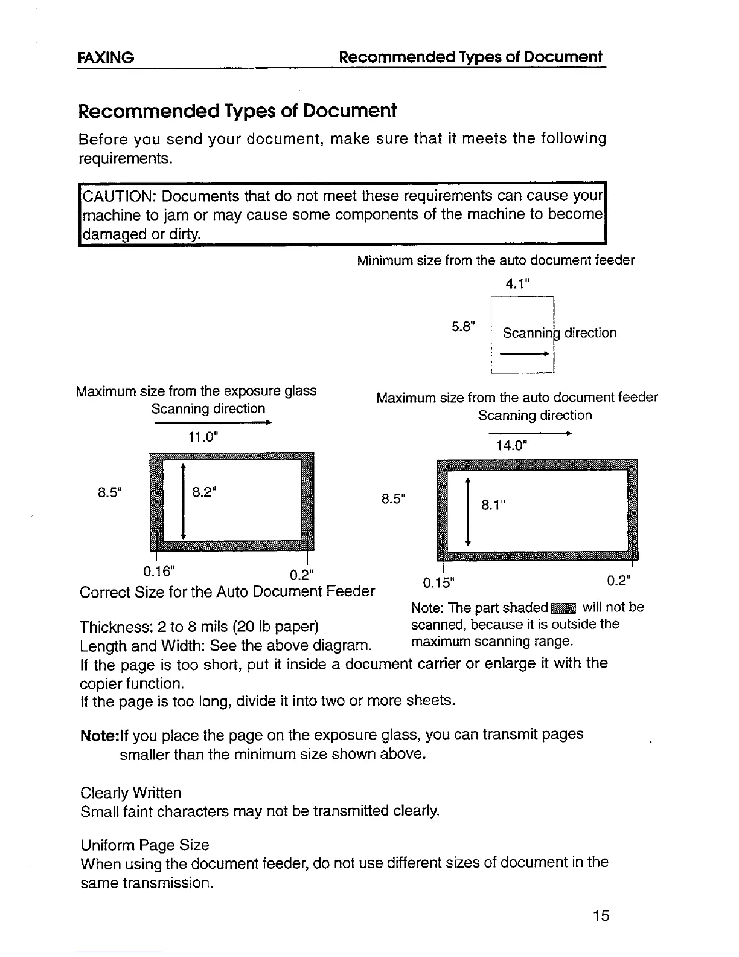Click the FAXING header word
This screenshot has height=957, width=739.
tap(106, 58)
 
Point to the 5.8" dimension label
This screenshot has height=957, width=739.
tap(464, 327)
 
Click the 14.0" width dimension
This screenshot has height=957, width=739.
tap(512, 446)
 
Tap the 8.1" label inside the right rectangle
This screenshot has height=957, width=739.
tap(493, 504)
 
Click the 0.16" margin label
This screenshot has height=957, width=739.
tap(159, 571)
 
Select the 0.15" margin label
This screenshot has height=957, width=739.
tap(438, 583)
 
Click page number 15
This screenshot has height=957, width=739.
tap(601, 916)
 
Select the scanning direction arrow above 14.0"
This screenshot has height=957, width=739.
tap(530, 433)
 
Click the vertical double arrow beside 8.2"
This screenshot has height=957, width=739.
tap(183, 501)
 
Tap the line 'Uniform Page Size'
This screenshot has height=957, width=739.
tap(145, 845)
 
